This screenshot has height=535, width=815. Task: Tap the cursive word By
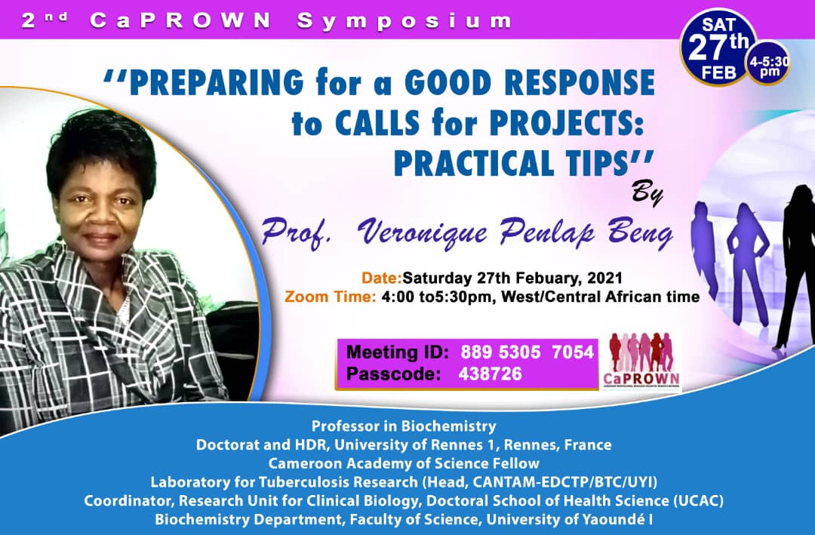647,194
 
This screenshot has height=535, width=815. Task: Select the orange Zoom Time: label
330,297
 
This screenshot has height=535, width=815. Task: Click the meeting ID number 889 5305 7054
520,351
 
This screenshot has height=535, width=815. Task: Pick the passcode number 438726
490,374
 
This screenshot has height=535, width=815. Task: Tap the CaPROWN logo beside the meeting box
642,360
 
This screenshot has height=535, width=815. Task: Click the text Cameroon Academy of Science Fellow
404,463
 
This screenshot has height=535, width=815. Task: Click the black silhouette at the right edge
795,264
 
